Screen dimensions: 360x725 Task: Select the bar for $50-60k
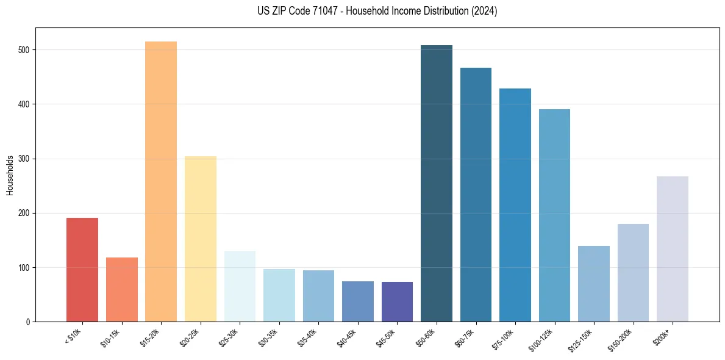coord(437,184)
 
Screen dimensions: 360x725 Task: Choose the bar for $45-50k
coord(397,301)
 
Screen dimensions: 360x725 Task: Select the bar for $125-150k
coord(594,284)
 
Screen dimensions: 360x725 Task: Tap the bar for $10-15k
coord(122,289)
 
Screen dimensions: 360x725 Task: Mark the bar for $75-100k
coord(515,205)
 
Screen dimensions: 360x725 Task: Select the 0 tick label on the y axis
coord(29,322)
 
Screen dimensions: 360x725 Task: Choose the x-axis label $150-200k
coord(622,339)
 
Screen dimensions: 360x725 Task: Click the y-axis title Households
coord(10,175)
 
